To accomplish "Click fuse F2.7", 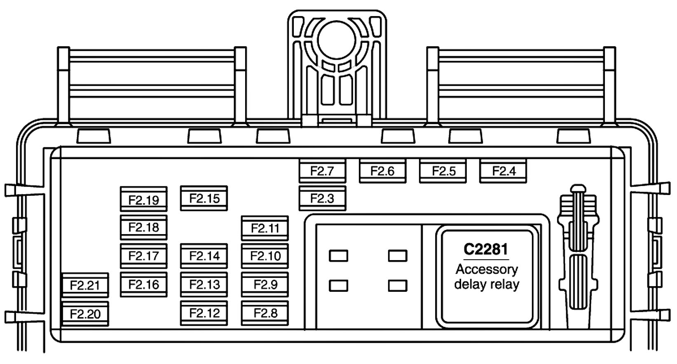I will [322, 171].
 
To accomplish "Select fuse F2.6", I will [382, 171].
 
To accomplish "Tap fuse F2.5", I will [443, 171].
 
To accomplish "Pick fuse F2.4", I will [504, 171].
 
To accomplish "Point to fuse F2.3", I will [322, 198].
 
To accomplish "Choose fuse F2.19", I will [143, 200].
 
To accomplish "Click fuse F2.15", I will [204, 198].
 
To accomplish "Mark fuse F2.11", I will [265, 228].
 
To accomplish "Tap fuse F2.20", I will [85, 314].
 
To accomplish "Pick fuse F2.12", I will [204, 313].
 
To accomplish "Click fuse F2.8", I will [265, 313].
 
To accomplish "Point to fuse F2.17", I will [143, 256].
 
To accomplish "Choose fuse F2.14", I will [204, 256].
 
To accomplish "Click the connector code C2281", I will [486, 249].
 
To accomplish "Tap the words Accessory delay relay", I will [487, 277].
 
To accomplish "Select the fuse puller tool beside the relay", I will [578, 256].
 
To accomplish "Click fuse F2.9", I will [265, 284].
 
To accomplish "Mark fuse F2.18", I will [143, 227].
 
